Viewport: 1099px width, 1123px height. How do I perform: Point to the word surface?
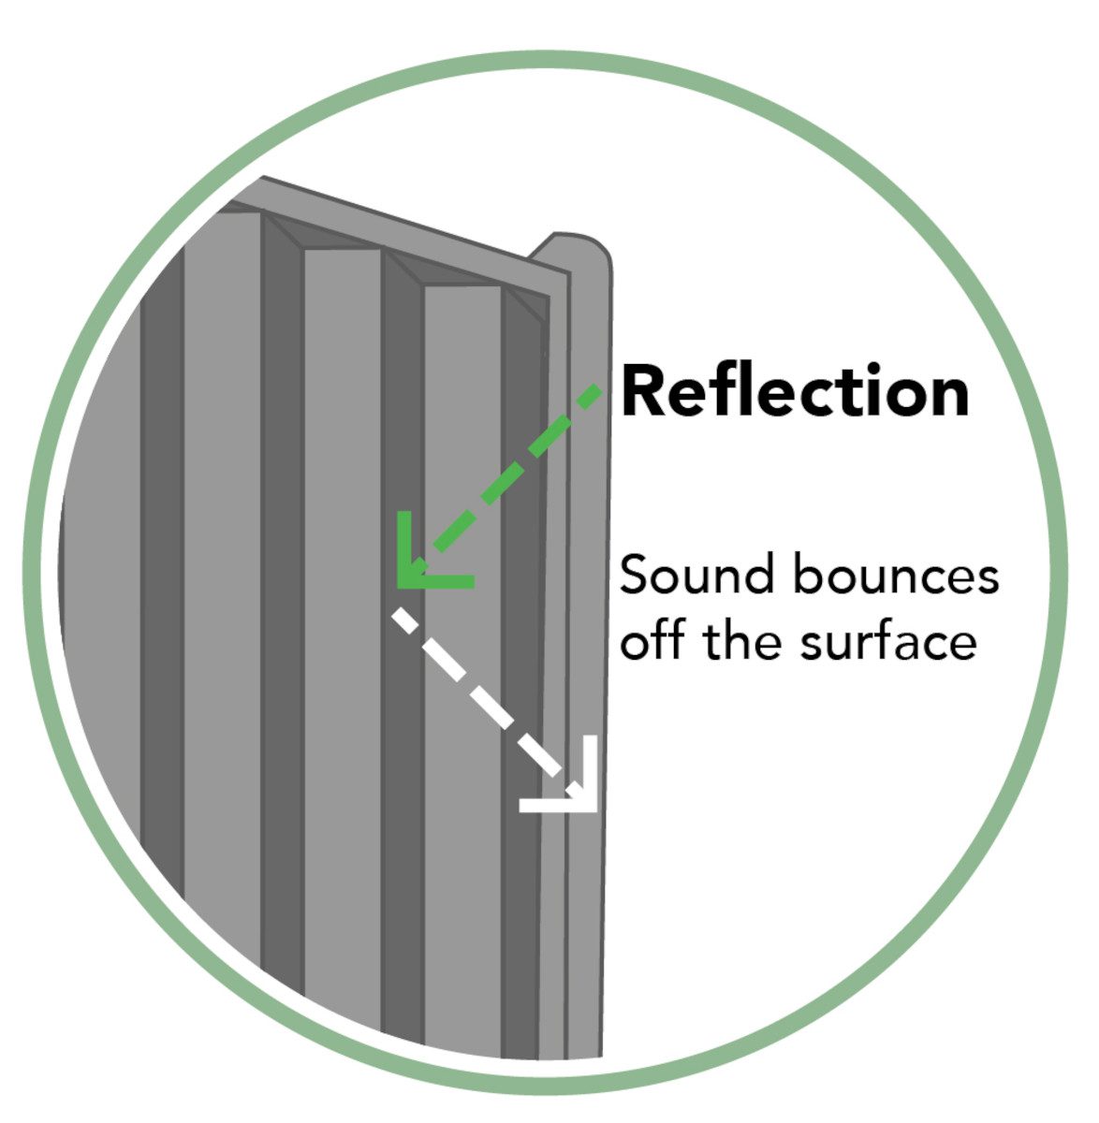888,641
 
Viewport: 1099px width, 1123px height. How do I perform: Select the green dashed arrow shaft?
517,468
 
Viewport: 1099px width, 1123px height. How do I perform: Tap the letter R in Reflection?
641,390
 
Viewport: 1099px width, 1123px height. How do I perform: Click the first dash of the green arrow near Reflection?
590,397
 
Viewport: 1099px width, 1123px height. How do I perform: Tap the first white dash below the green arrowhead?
404,620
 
